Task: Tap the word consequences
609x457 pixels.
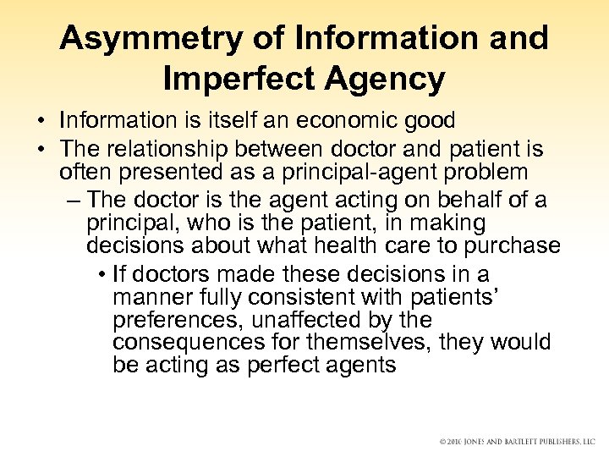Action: tap(178, 344)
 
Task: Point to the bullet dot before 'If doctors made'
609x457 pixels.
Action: tap(101, 276)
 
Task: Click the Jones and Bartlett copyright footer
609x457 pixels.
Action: tap(517, 442)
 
